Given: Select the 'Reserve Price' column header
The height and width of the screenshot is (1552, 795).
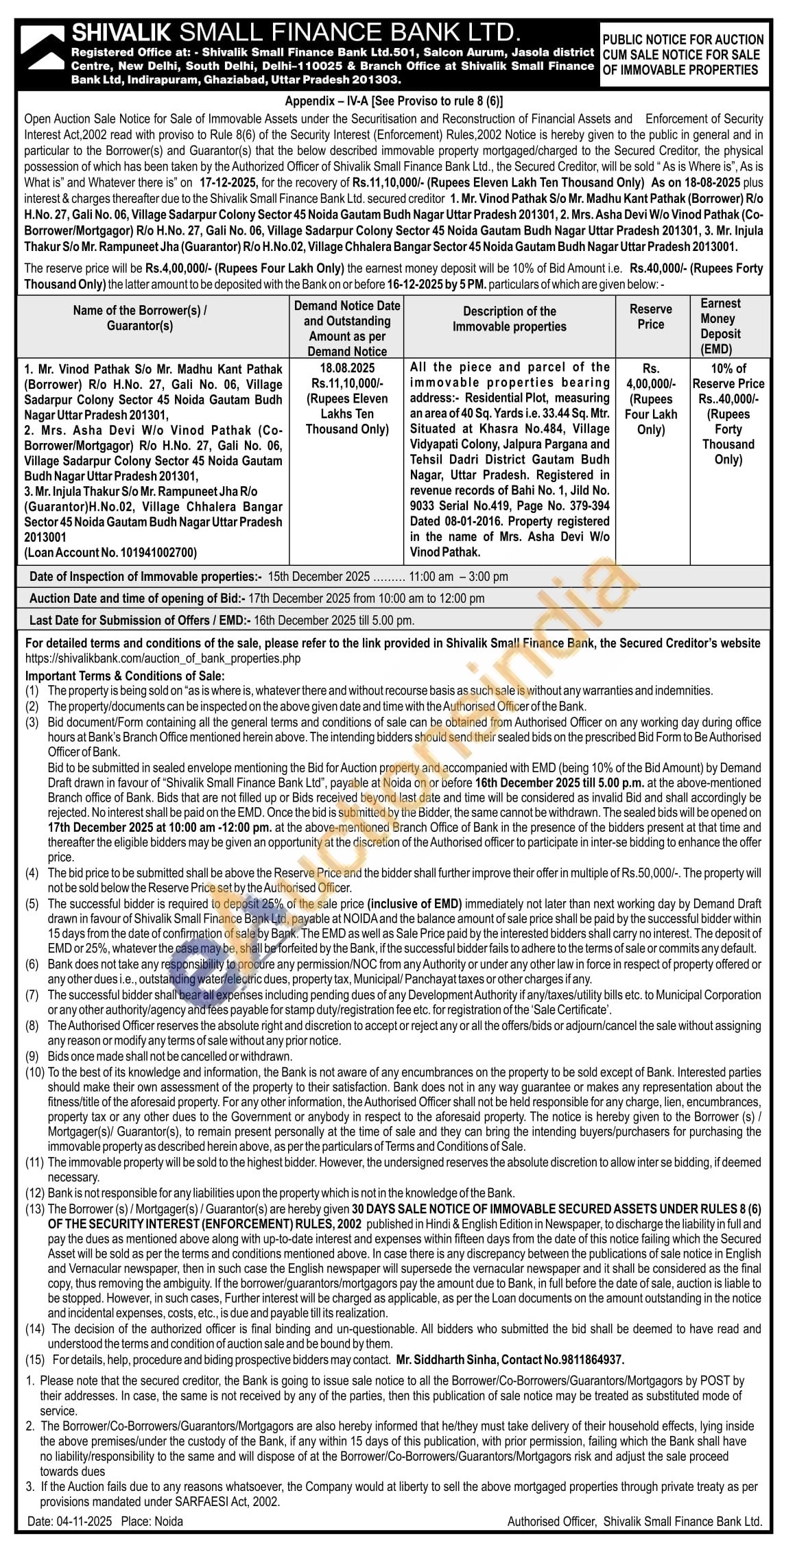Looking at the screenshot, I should point(650,316).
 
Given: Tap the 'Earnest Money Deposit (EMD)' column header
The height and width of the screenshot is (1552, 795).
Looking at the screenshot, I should point(720,326).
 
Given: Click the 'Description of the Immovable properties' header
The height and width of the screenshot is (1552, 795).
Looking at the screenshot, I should point(509,319).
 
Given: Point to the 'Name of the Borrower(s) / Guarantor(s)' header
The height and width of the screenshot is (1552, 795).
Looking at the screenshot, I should point(140,318).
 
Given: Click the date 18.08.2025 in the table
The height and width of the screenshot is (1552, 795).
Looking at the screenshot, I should point(346,368).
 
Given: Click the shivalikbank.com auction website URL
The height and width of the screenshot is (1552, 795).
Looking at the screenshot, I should point(163,658).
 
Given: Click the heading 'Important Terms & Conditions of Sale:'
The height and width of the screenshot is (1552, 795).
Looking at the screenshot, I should point(124,675).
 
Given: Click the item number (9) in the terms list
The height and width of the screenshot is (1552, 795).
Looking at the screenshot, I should point(33,1056).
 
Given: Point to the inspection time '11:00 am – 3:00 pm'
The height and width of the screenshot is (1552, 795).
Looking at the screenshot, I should point(459,577).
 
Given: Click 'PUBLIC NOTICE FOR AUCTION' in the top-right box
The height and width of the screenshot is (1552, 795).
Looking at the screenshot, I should point(683,40).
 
